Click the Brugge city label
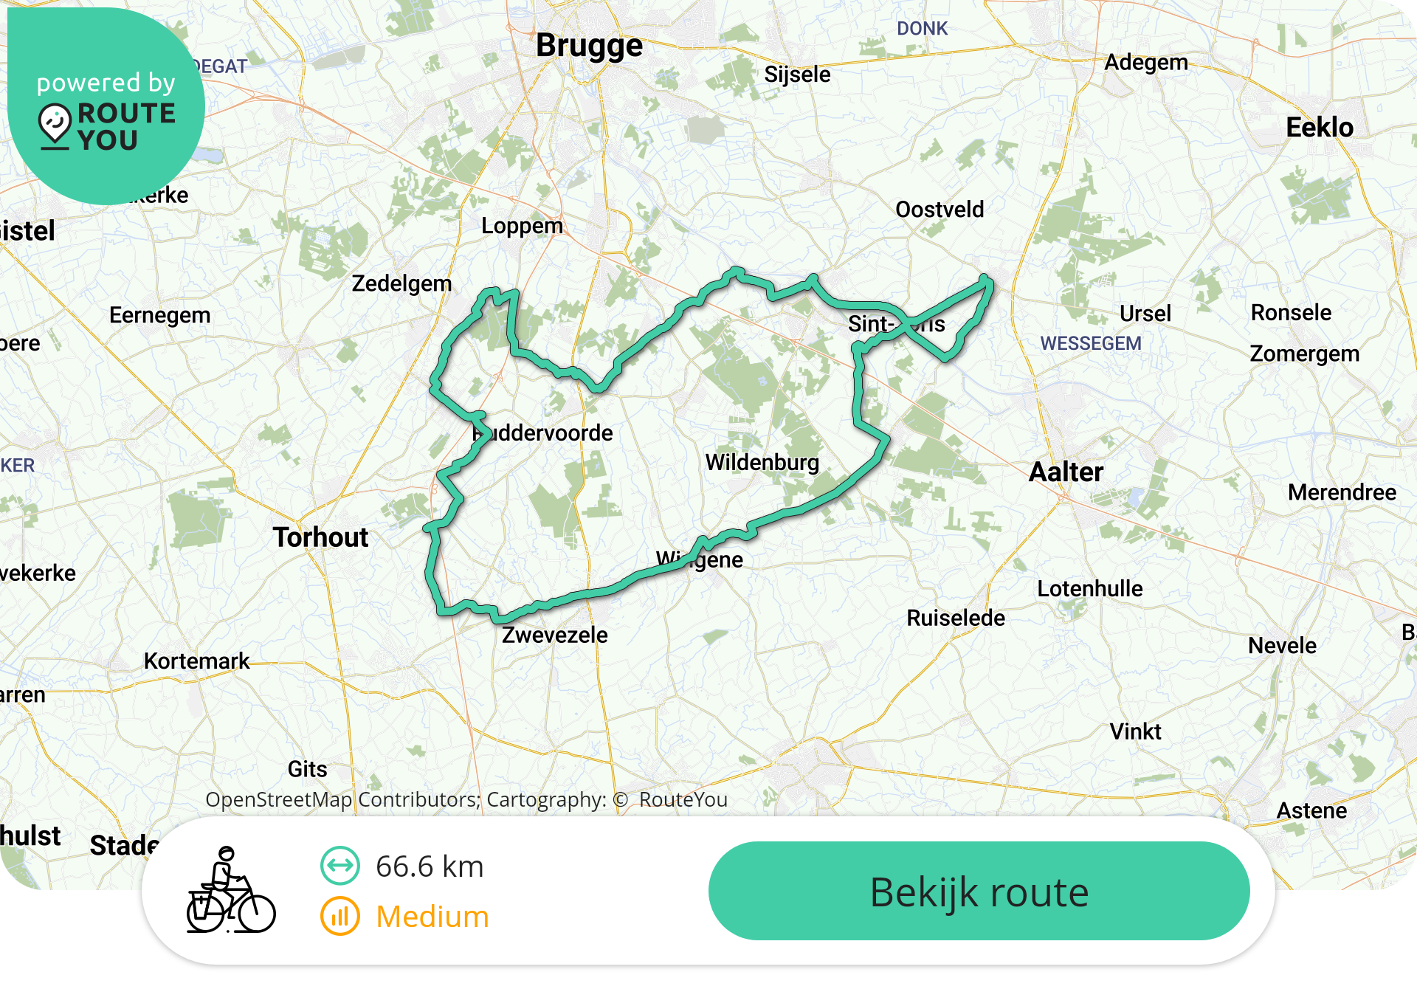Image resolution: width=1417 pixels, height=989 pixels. tap(589, 46)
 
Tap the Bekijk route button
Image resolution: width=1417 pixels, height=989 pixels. tap(979, 891)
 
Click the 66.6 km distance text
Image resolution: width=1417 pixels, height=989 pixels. tap(429, 866)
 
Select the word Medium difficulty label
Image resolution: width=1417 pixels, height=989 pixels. tap(432, 917)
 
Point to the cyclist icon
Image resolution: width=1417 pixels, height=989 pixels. tap(230, 891)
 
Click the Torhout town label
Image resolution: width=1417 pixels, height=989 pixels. tap(320, 537)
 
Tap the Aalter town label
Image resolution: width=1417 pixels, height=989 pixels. tap(1066, 472)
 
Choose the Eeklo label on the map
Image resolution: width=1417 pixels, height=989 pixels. tap(1320, 128)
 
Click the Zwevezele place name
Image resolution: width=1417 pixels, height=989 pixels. tap(555, 635)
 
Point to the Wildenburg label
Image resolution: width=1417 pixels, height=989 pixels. tap(762, 463)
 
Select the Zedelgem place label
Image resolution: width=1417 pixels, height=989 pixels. tap(401, 283)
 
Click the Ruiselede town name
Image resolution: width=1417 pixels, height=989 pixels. tap(956, 618)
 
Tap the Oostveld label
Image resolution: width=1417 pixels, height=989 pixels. tap(940, 210)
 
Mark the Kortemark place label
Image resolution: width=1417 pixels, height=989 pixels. tap(196, 661)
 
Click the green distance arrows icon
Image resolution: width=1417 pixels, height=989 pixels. tap(340, 866)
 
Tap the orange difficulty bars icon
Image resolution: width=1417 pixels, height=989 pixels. tap(340, 917)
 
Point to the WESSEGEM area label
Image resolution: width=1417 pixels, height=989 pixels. tap(1090, 343)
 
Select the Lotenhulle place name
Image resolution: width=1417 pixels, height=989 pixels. tap(1089, 588)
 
